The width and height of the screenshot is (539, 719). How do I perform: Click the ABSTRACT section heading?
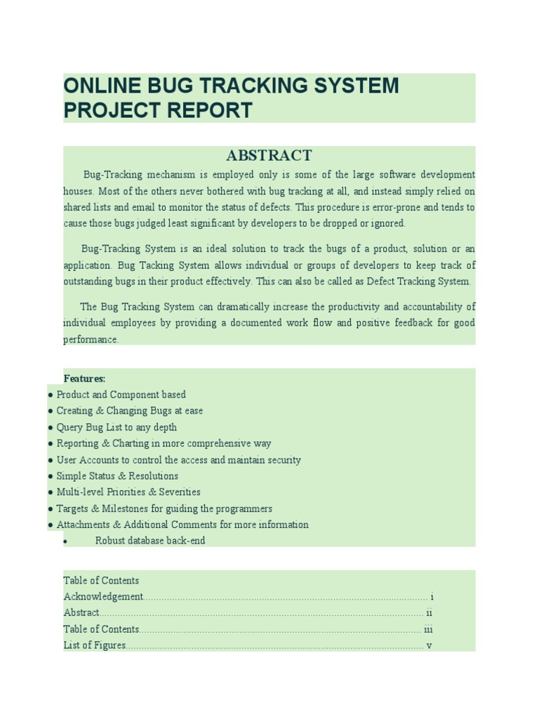coord(269,155)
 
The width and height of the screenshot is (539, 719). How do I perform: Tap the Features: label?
coord(84,378)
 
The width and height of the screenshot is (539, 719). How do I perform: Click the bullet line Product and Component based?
coord(121,395)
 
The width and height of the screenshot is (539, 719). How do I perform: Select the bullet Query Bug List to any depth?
coord(117,427)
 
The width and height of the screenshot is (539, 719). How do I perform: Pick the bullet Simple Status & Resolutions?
coord(117,476)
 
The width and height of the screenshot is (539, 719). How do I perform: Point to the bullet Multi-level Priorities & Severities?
coord(128,492)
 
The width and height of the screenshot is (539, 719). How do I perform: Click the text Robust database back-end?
coord(150,541)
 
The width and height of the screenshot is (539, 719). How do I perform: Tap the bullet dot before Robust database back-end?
coord(65,541)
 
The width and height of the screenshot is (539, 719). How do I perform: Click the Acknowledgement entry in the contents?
coord(103,596)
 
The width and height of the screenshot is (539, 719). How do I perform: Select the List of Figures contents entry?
coord(95,645)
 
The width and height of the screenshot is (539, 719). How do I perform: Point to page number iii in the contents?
coord(428,629)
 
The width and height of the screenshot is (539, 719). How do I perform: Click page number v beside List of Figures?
coord(429,645)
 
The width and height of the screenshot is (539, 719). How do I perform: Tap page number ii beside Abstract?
coord(429,613)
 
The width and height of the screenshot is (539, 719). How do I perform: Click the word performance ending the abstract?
coord(91,339)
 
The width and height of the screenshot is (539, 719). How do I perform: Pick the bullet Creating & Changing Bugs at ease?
coord(129,411)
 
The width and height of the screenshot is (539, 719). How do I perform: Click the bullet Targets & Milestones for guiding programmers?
coord(164,508)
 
